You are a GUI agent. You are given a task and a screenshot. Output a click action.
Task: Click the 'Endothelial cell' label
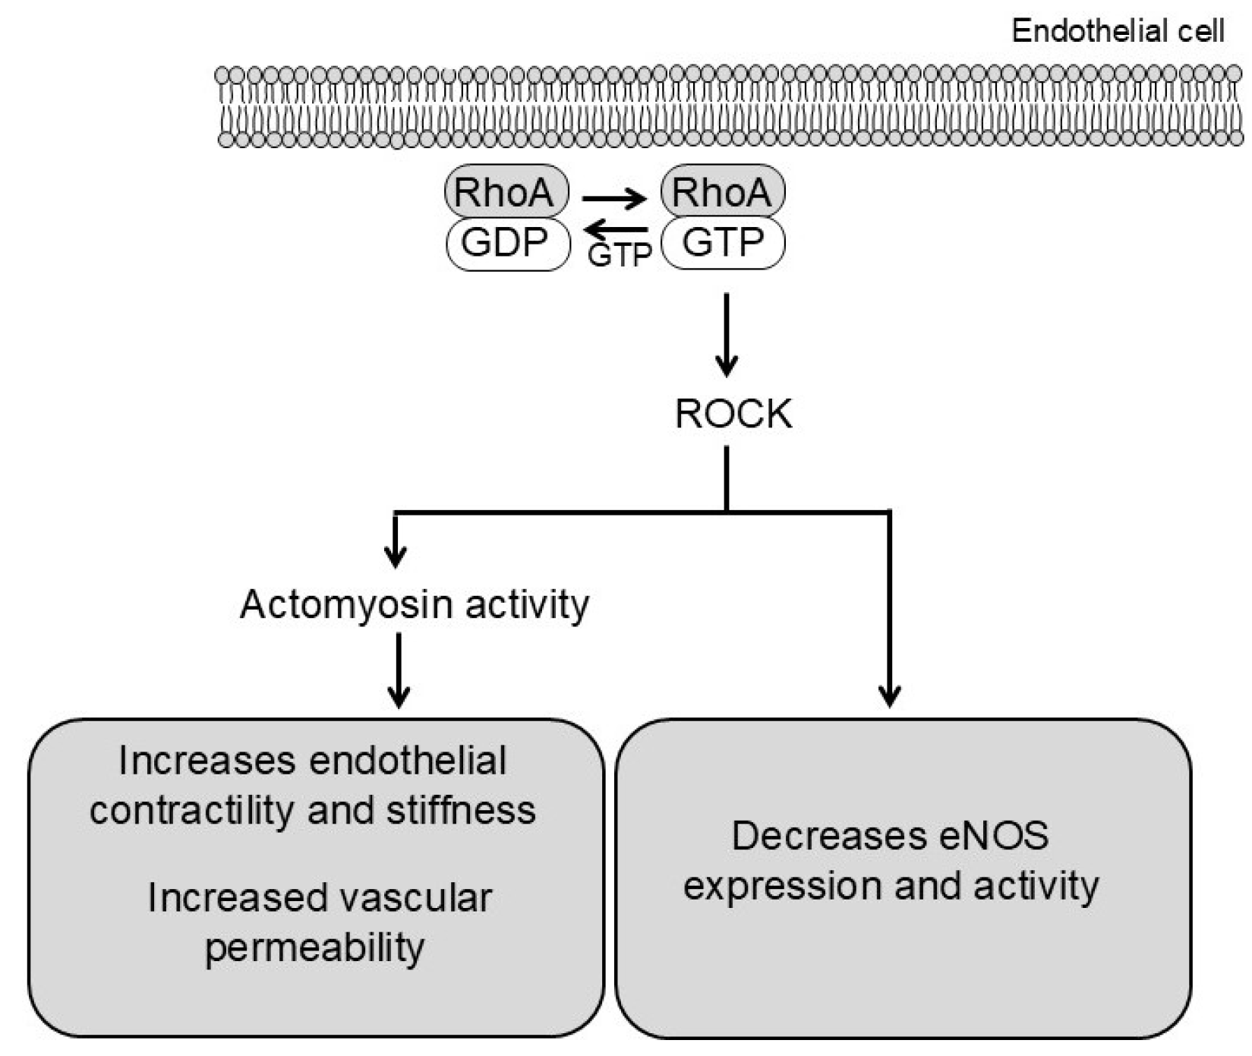coord(1117,31)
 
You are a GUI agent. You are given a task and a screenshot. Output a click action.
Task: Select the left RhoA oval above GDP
coord(506,192)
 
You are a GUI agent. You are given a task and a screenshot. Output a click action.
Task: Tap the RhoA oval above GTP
coord(723,192)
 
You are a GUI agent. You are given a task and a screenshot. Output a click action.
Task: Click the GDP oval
coord(507,244)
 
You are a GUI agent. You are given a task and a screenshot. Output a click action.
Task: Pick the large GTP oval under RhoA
coord(723,244)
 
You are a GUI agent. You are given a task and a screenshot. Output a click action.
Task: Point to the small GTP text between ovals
coord(619,256)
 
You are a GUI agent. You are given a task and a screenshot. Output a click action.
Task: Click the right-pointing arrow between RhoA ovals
coord(613,199)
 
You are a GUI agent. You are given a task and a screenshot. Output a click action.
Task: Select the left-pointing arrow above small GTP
coord(618,229)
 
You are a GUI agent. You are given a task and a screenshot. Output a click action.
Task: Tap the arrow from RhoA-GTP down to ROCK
coord(727,334)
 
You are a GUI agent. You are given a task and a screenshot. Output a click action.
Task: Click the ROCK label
coord(733,415)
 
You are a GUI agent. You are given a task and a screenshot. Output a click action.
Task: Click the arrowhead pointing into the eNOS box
coord(889,695)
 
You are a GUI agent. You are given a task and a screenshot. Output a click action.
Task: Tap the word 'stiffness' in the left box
coord(461,810)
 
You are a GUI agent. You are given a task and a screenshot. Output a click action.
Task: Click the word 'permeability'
coord(314,948)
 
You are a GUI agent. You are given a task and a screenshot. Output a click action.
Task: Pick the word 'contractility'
coord(192,810)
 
